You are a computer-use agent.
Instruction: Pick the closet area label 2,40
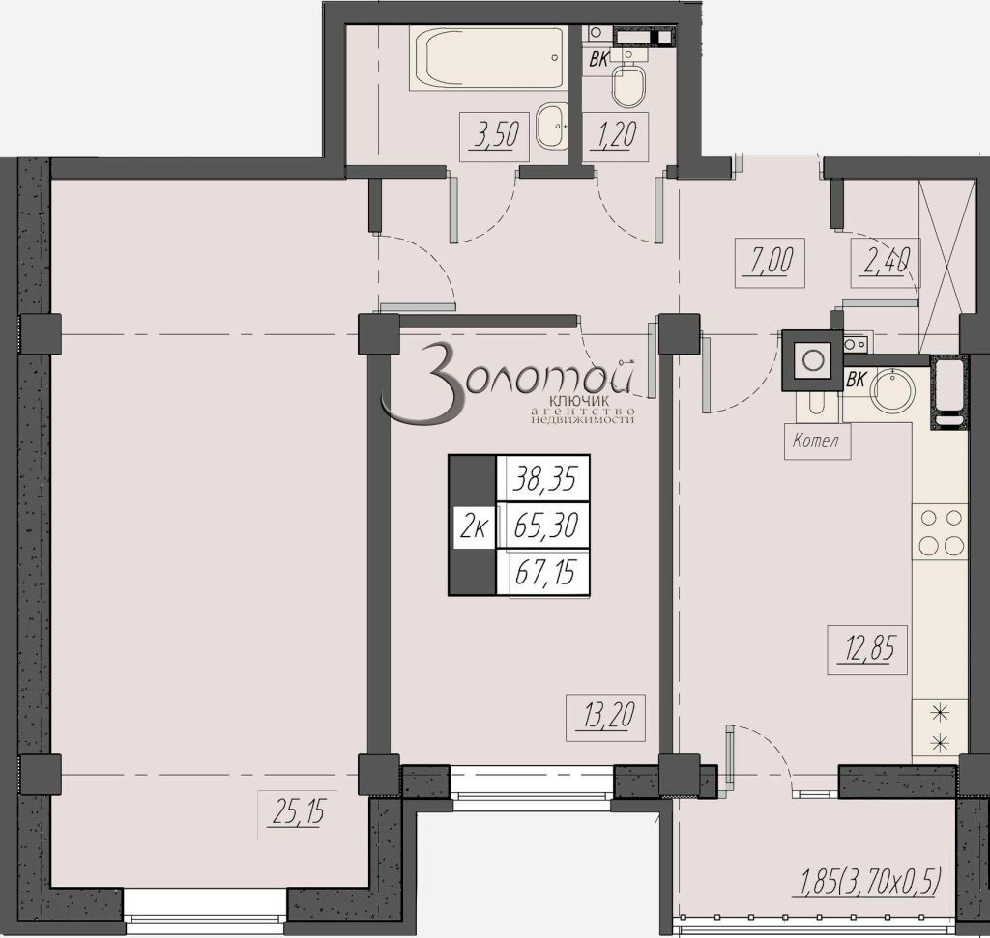[x=885, y=261]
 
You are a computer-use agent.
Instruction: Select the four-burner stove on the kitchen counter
[x=940, y=530]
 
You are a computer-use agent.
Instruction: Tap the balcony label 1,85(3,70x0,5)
[x=869, y=880]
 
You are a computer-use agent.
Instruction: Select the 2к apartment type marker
[x=474, y=526]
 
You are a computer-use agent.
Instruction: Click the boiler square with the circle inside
[x=813, y=359]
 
